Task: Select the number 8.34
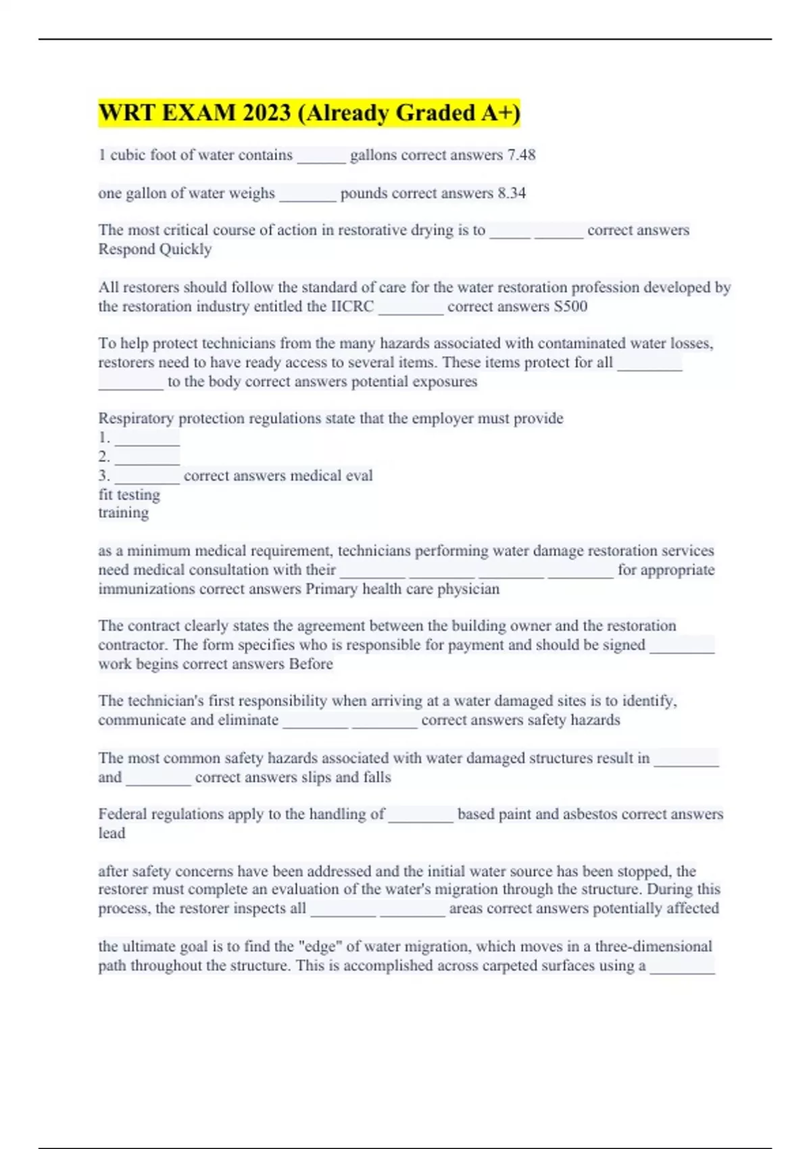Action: tap(512, 193)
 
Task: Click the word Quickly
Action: tap(185, 249)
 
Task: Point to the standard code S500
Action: tap(570, 306)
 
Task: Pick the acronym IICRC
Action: tap(351, 306)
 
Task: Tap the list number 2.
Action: tap(103, 456)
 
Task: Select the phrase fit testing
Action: tap(129, 495)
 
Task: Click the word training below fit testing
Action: tap(123, 512)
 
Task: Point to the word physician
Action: tap(468, 589)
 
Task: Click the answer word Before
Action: tap(311, 664)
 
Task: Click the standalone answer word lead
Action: tap(112, 833)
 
